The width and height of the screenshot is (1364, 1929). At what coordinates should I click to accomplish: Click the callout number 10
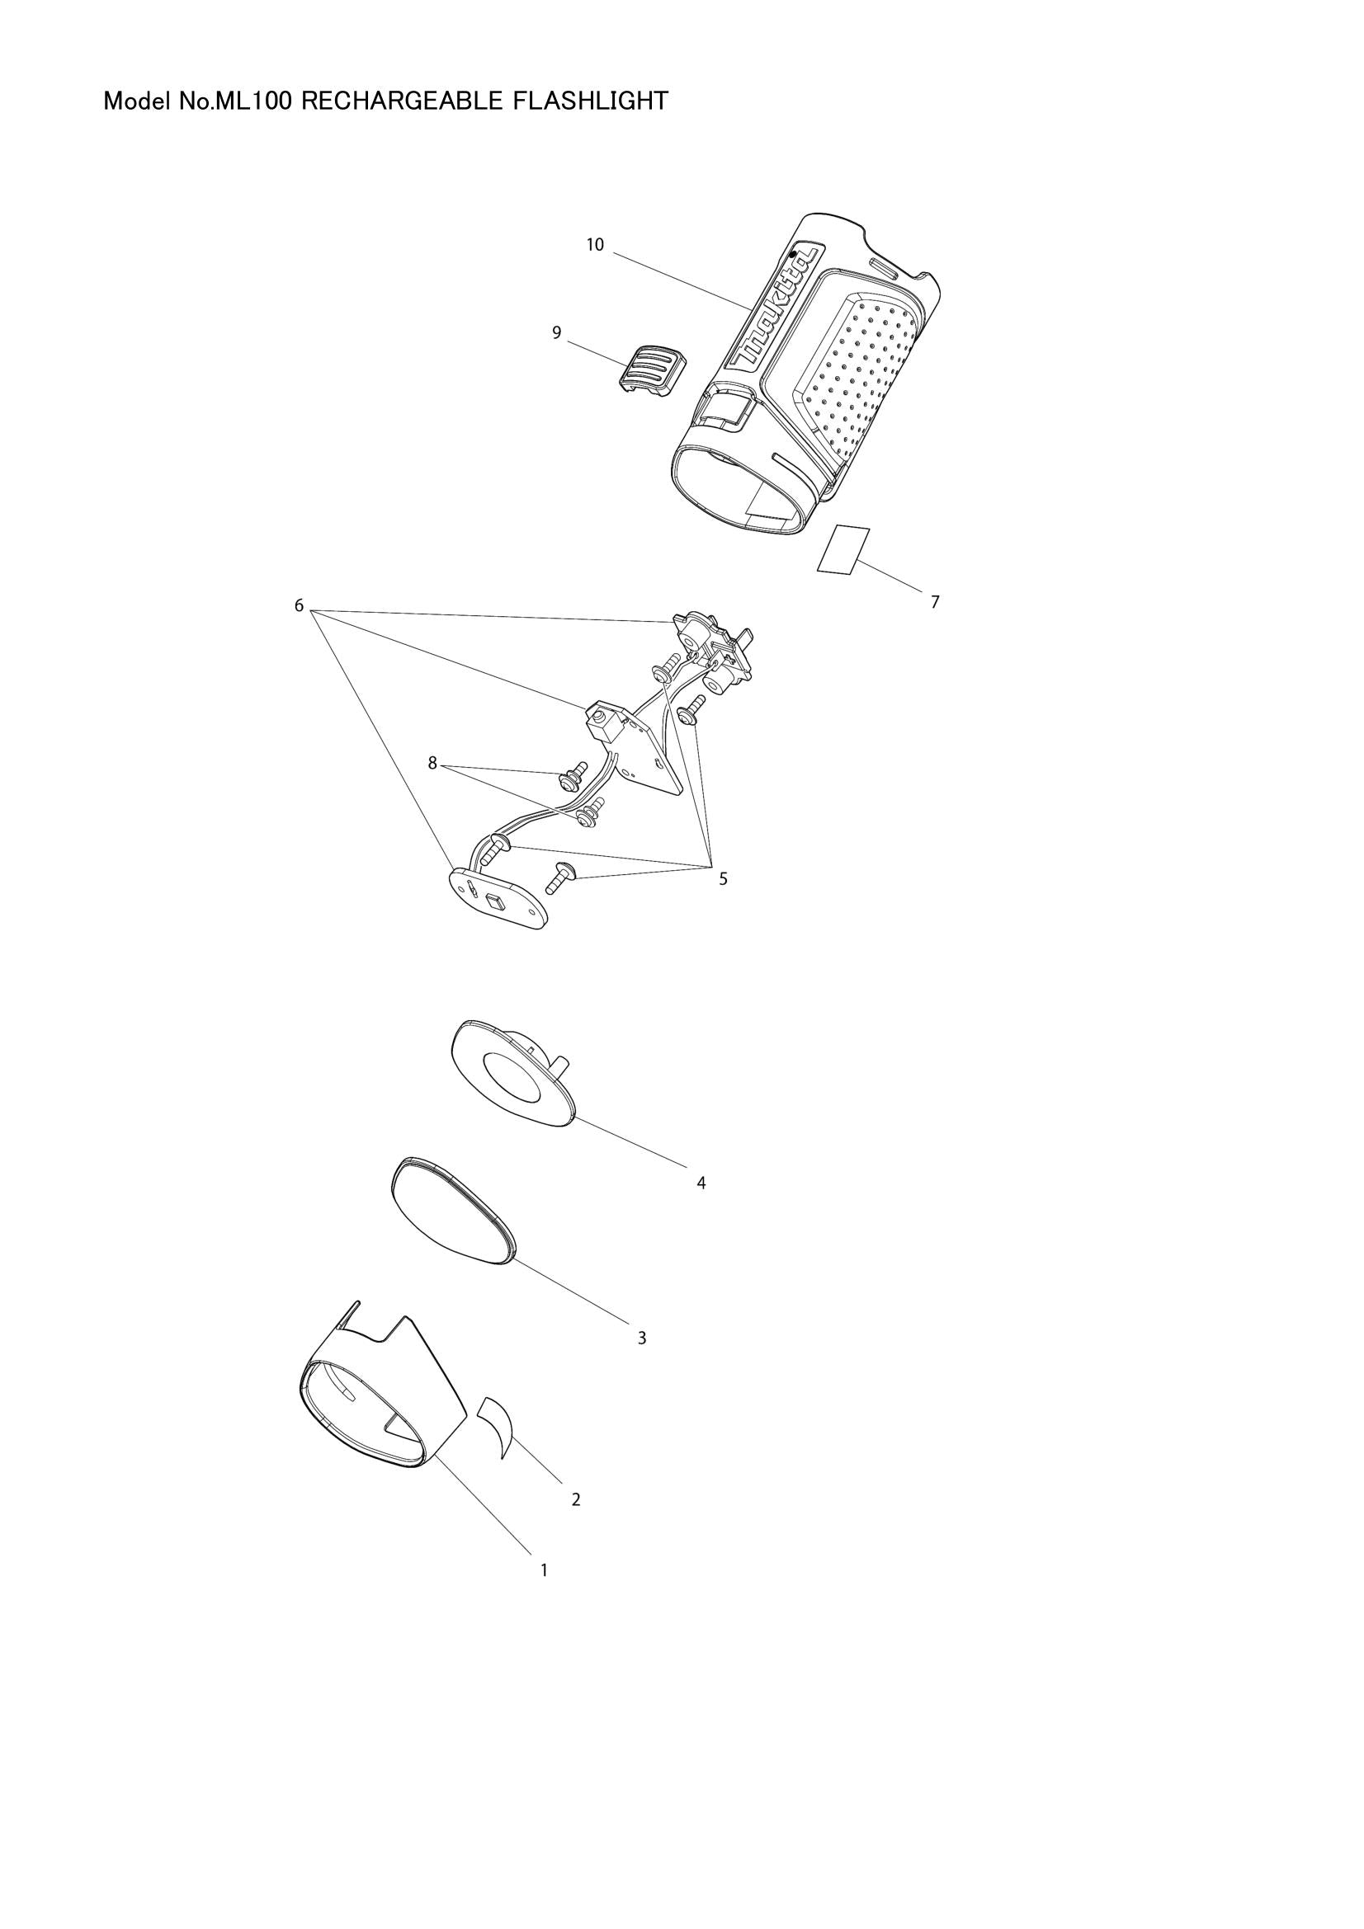pyautogui.click(x=595, y=245)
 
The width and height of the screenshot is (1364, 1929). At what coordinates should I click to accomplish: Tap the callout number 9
pyautogui.click(x=556, y=333)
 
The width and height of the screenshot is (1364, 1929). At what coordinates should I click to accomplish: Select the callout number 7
pyautogui.click(x=935, y=601)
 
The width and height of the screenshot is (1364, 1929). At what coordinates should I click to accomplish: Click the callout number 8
pyautogui.click(x=433, y=763)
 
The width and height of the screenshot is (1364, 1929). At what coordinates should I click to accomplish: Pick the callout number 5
pyautogui.click(x=723, y=879)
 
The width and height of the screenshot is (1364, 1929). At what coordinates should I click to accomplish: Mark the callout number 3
pyautogui.click(x=641, y=1338)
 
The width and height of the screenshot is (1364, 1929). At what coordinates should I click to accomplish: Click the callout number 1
pyautogui.click(x=544, y=1569)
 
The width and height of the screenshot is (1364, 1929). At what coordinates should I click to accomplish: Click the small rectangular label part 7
pyautogui.click(x=843, y=549)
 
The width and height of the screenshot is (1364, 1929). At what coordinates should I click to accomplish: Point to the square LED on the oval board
pyautogui.click(x=495, y=902)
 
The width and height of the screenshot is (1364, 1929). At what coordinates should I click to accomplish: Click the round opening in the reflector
pyautogui.click(x=515, y=1079)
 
